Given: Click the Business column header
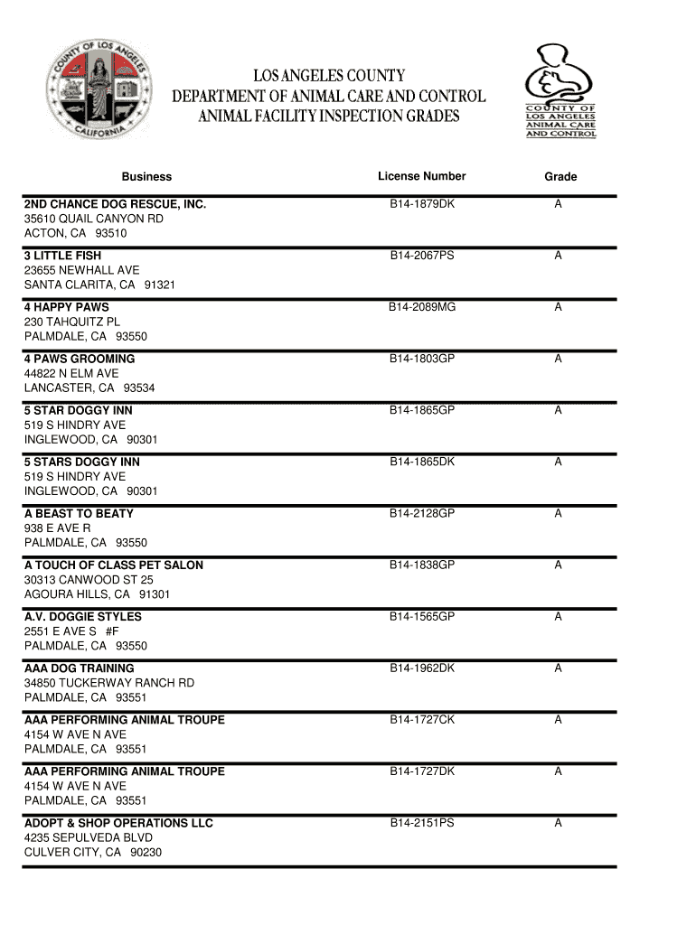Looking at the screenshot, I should coord(146,177).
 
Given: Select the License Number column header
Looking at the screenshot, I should coord(422,176).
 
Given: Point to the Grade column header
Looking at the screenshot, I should coord(560,177).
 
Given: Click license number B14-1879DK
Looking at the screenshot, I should coord(422,204).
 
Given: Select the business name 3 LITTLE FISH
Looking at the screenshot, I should coord(62,256).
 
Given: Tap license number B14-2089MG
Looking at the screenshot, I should coord(422,307).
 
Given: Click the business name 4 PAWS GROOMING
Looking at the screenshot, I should coord(80,359).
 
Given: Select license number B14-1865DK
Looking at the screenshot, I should coord(422,462).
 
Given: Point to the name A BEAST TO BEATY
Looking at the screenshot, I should coord(79,513).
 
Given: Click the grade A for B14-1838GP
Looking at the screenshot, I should coord(559,565).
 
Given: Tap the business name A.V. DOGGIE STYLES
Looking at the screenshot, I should coord(83,616).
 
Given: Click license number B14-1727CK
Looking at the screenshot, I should coord(422,719).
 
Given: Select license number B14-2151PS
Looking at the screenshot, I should coord(422,822).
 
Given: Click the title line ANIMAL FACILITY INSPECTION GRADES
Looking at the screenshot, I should coord(329,117).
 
